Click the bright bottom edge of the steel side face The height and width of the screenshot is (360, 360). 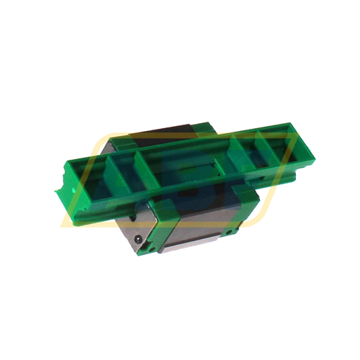click(x=198, y=249)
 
